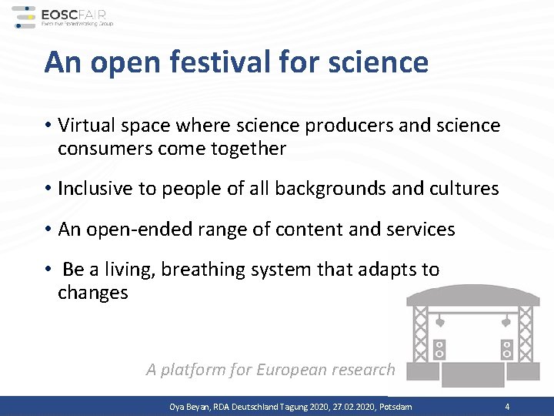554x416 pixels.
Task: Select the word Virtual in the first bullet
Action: pos(83,125)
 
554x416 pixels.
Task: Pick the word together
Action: pos(248,149)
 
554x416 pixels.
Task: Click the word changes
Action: pos(92,294)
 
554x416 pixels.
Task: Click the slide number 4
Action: pos(507,407)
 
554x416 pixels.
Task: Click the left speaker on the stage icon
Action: pos(440,349)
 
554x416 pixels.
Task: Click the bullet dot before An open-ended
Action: pos(48,230)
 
